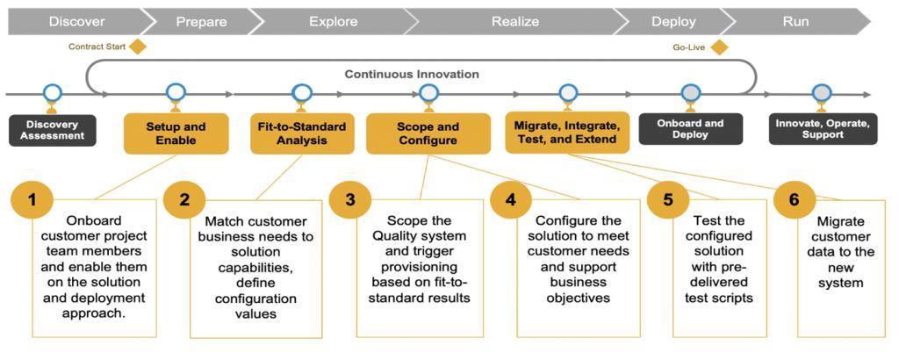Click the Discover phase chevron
click(76, 21)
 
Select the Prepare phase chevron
click(201, 21)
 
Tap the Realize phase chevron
click(514, 21)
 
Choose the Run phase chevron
click(795, 21)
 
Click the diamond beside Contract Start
click(137, 47)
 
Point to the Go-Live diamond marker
click(719, 47)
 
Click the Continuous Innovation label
click(411, 75)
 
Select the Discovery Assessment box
click(53, 130)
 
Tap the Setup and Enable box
click(176, 133)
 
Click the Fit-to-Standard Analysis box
click(302, 133)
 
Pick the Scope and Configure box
click(428, 133)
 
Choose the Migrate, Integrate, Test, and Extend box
click(567, 133)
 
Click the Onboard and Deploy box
click(690, 129)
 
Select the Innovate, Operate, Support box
click(823, 129)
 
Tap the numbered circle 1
click(32, 200)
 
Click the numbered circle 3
click(350, 200)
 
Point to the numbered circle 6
click(794, 200)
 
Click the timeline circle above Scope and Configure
click(428, 92)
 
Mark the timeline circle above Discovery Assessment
click(53, 92)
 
